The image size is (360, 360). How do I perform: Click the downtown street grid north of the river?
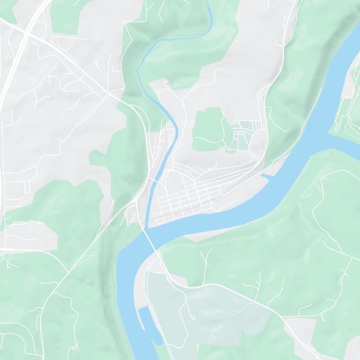pos(184,198)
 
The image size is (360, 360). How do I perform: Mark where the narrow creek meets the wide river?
pos(147,227)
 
